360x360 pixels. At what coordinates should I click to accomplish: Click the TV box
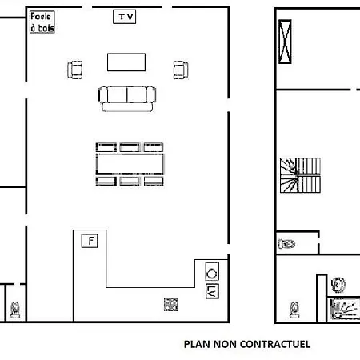(125, 17)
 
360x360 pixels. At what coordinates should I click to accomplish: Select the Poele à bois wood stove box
(42, 22)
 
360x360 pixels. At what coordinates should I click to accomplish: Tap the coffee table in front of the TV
(126, 62)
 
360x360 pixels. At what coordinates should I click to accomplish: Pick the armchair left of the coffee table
(75, 70)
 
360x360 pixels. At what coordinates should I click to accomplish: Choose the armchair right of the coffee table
(181, 70)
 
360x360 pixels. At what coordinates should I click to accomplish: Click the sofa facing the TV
(127, 98)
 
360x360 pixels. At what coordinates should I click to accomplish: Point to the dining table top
(130, 164)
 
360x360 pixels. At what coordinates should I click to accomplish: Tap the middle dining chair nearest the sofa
(130, 147)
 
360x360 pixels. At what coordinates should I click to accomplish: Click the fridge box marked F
(90, 241)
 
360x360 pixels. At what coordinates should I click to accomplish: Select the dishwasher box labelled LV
(212, 291)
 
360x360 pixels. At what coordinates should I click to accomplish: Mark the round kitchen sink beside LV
(212, 271)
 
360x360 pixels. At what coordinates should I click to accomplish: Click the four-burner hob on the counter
(171, 305)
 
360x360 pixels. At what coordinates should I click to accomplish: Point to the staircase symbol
(300, 175)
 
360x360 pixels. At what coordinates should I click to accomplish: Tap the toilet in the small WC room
(286, 244)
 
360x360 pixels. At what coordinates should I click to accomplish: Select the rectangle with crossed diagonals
(285, 42)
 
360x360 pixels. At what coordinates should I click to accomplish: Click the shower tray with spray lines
(343, 310)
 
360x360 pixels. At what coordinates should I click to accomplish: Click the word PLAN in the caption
(198, 344)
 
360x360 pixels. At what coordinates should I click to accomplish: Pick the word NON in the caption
(226, 344)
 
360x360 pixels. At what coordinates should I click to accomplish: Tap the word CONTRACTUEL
(275, 344)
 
